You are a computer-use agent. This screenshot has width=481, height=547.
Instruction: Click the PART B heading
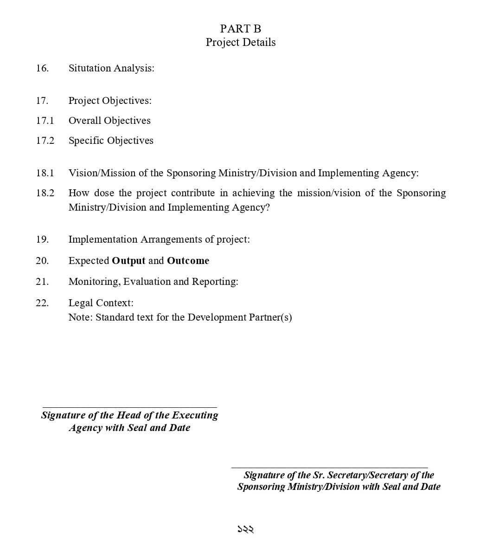click(240, 29)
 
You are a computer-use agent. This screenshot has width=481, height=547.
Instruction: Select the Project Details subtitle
click(240, 42)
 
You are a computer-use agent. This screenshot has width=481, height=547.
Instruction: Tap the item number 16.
click(42, 68)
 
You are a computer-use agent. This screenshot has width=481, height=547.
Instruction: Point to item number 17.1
click(45, 121)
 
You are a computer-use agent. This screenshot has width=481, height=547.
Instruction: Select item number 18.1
click(45, 173)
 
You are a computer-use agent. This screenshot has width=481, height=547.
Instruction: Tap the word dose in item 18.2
click(104, 193)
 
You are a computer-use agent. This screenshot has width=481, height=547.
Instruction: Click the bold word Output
click(128, 261)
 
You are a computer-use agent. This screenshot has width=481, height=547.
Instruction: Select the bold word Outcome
click(188, 261)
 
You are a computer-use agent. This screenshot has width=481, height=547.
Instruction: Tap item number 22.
click(42, 303)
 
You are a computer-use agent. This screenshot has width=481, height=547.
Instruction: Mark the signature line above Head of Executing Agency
click(129, 407)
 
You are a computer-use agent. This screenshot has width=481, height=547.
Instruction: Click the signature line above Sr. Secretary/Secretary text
click(329, 468)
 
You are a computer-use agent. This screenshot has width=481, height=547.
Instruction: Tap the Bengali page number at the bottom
click(245, 529)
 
